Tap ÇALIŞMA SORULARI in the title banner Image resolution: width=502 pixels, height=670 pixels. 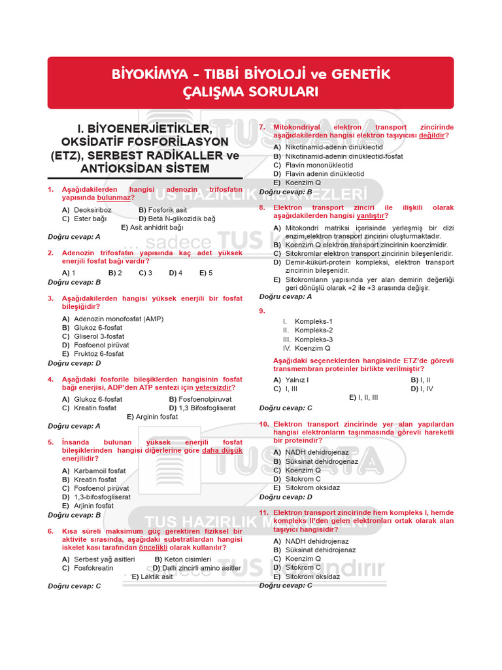tap(250, 92)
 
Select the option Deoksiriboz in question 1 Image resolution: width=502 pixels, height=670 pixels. tap(92, 210)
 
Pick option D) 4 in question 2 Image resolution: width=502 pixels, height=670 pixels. tap(175, 272)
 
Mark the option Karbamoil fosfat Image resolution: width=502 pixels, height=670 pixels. tap(99, 470)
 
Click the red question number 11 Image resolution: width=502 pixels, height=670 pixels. tap(263, 512)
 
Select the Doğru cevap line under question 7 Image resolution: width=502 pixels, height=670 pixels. tap(286, 192)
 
